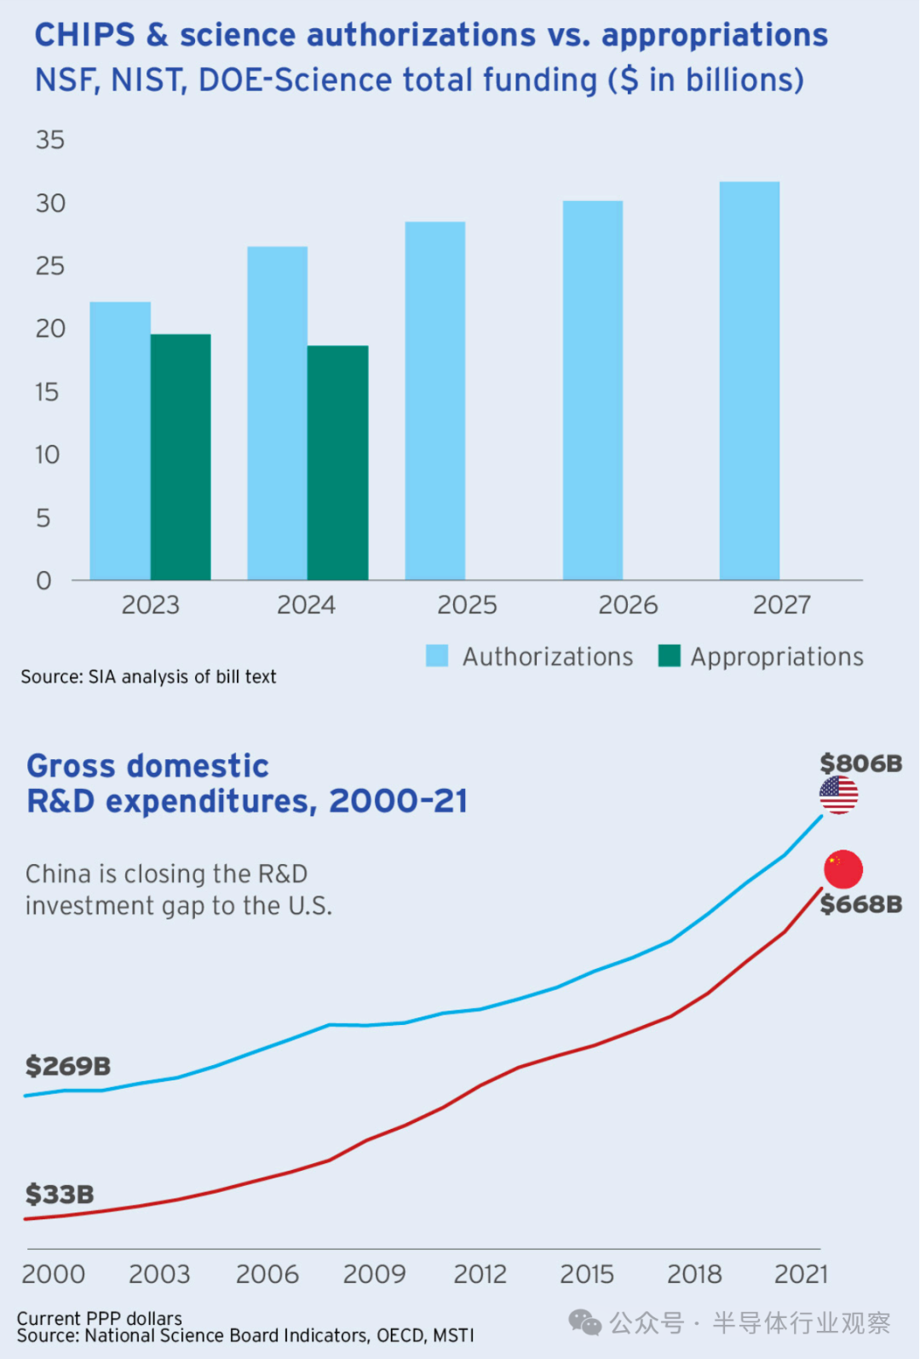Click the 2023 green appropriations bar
pyautogui.click(x=181, y=457)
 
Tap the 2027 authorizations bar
pyautogui.click(x=750, y=381)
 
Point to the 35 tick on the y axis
pyautogui.click(x=50, y=140)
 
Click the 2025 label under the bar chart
pyautogui.click(x=467, y=605)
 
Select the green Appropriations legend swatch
pyautogui.click(x=670, y=656)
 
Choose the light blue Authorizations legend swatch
pyautogui.click(x=437, y=656)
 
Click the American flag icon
pyautogui.click(x=839, y=795)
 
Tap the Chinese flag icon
pyautogui.click(x=843, y=869)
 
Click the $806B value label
pyautogui.click(x=860, y=763)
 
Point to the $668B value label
pyautogui.click(x=860, y=904)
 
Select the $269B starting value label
pyautogui.click(x=68, y=1066)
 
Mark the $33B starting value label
pyautogui.click(x=60, y=1195)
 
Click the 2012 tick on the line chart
pyautogui.click(x=480, y=1274)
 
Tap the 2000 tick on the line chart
pyautogui.click(x=54, y=1274)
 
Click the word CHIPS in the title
pyautogui.click(x=84, y=35)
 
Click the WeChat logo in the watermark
pyautogui.click(x=585, y=1322)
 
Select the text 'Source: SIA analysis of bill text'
pyautogui.click(x=148, y=677)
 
